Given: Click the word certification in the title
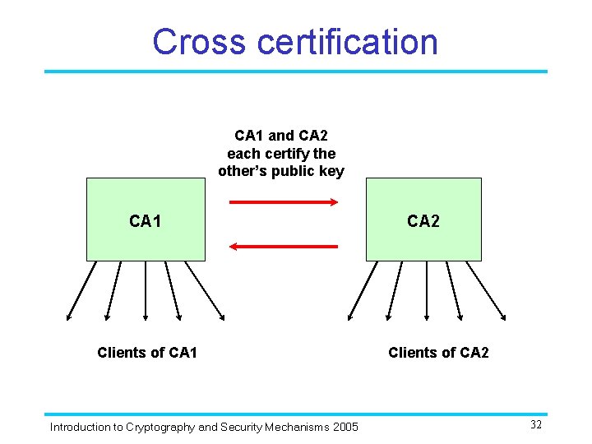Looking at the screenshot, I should tap(349, 42).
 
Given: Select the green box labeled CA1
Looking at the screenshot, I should tap(146, 220).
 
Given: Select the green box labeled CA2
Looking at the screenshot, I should tap(423, 220).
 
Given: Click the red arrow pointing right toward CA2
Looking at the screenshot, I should tap(283, 201).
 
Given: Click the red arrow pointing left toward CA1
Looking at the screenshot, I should tap(283, 246).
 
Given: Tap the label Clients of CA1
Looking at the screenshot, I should tap(146, 353).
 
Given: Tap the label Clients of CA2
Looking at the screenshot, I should tap(438, 353).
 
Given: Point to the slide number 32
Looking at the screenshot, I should tap(535, 425).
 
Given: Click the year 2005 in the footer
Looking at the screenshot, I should tap(345, 427).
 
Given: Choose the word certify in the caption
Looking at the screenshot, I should tap(289, 153).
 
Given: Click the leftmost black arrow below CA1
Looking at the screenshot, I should tap(81, 290).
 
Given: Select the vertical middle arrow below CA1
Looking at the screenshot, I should tap(146, 290).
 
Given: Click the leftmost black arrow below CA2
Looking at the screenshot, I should tap(363, 290).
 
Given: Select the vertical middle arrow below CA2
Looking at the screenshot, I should tap(427, 290).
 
